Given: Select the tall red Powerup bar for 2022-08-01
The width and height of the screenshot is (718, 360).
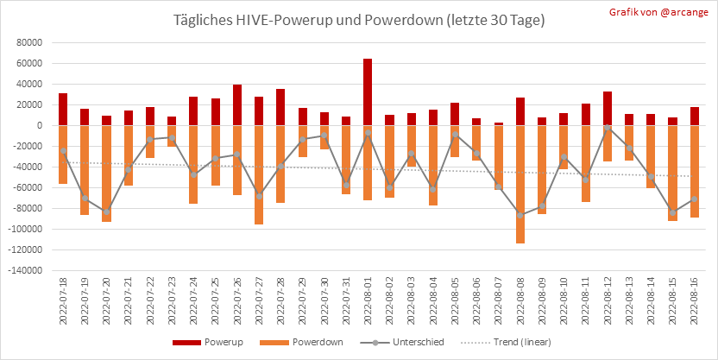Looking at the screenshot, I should (x=368, y=92).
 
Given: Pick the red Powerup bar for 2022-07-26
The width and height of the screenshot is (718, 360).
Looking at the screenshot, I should (x=236, y=104).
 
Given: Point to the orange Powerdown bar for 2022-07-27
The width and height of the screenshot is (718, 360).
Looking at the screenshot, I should (x=259, y=174).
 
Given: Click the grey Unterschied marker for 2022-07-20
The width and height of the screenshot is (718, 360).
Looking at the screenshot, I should (x=106, y=212).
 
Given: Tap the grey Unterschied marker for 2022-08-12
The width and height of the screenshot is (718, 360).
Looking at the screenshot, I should (x=608, y=128).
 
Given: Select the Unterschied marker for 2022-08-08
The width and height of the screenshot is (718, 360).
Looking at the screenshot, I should (x=520, y=215).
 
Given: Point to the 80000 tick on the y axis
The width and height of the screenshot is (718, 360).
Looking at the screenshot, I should (x=30, y=42).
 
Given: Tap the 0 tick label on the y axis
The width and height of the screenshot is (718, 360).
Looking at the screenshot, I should (x=40, y=125).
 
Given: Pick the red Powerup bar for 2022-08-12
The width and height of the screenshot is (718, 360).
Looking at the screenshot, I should (x=608, y=108).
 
